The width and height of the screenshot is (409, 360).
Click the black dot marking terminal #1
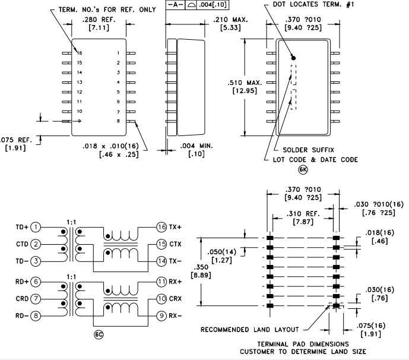tap(293, 58)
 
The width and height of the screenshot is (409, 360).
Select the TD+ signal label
tap(22, 227)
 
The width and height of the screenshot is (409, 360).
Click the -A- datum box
tap(176, 5)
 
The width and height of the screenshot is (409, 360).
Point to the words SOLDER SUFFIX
tap(307, 150)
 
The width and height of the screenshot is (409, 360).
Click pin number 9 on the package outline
tap(80, 121)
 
